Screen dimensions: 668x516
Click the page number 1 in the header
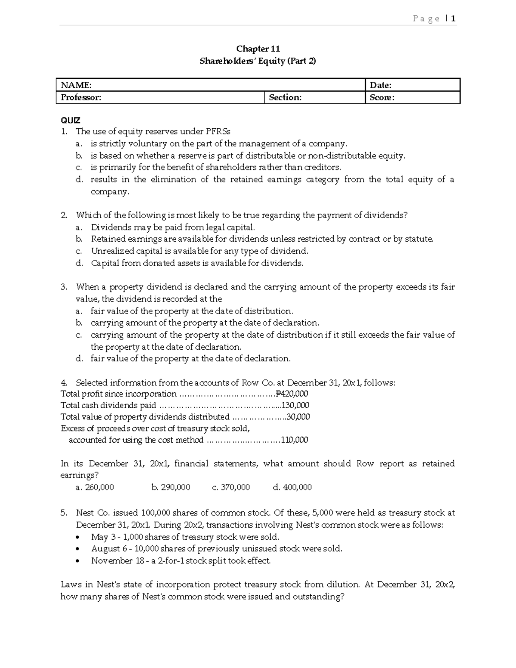(453, 18)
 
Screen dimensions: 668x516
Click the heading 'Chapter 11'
(258, 49)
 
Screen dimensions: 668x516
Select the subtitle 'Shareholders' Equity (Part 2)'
(258, 61)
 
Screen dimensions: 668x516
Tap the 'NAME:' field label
(76, 85)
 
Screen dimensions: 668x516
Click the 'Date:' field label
(381, 85)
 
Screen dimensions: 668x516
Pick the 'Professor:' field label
(81, 98)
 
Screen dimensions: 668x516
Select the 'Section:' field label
(285, 98)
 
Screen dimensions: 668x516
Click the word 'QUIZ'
(71, 120)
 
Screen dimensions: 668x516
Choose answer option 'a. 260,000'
(95, 487)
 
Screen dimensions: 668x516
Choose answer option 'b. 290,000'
(171, 487)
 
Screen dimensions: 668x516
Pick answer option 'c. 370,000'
(231, 487)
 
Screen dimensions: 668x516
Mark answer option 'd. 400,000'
(292, 487)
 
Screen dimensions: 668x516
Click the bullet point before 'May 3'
(77, 537)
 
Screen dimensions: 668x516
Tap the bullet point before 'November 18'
(77, 561)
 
